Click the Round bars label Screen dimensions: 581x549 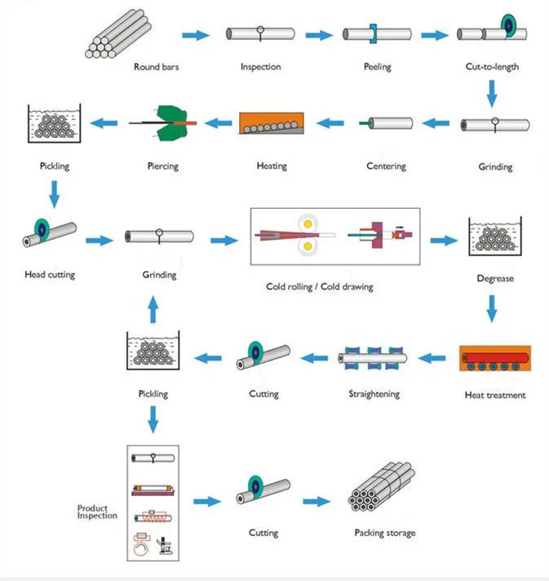tap(156, 67)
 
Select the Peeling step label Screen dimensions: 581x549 tap(377, 67)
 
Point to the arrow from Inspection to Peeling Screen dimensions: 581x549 tap(317, 35)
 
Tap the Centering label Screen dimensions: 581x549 tap(386, 166)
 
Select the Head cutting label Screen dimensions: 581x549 tap(50, 275)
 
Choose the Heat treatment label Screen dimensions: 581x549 tap(494, 396)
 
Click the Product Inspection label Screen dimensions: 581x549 tap(97, 512)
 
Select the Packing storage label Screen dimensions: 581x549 tap(385, 533)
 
